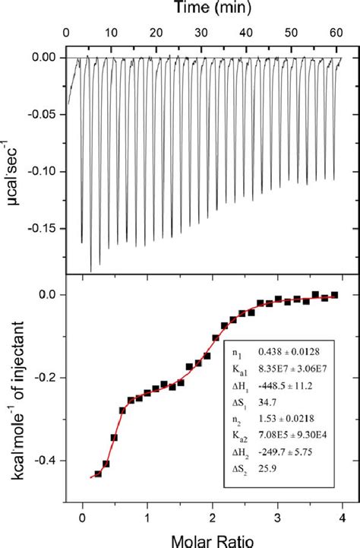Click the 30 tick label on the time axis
(x=201, y=33)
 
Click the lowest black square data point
(x=98, y=474)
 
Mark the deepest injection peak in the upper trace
(x=91, y=271)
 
